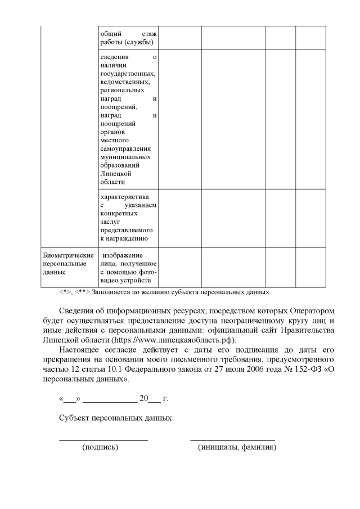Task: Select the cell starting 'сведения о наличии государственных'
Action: click(128, 119)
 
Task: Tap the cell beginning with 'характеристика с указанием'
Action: click(128, 218)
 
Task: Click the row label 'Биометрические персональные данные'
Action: click(69, 263)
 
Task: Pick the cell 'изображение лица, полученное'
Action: click(128, 268)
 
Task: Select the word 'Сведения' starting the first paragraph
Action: click(77, 311)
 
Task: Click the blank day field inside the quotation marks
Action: click(69, 400)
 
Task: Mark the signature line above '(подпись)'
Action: click(103, 439)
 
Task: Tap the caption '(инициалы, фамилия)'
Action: click(237, 448)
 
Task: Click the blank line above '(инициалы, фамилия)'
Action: click(232, 439)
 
